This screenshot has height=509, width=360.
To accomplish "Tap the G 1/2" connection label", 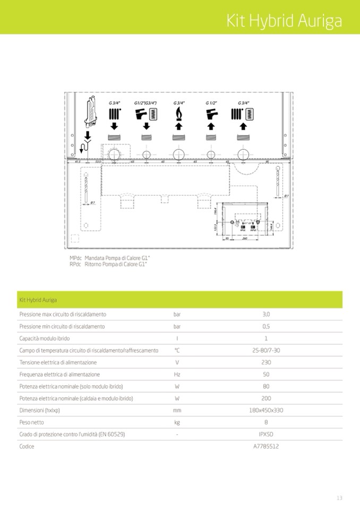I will (x=211, y=103).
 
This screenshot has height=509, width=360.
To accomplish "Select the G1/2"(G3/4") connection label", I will (x=145, y=103).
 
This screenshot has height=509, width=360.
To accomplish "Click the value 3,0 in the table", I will (x=266, y=314).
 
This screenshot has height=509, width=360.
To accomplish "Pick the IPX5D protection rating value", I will (x=266, y=434).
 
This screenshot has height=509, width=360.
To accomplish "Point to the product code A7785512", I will (x=266, y=446).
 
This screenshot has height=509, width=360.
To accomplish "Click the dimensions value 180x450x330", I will (x=266, y=410).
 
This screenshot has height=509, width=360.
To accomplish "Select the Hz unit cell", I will (x=177, y=374).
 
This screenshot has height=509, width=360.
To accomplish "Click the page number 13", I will (x=339, y=498).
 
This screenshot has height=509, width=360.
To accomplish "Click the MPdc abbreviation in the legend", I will (x=75, y=258).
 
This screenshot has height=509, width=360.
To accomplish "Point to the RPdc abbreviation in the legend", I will (x=75, y=264).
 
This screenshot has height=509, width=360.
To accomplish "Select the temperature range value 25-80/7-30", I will (x=266, y=350).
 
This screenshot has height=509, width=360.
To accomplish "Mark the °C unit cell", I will (x=177, y=350).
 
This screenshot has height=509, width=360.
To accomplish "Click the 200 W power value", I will (x=266, y=398).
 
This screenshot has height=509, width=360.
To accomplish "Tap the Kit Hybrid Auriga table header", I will (x=38, y=300).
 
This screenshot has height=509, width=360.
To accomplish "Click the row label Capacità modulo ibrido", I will (x=45, y=338).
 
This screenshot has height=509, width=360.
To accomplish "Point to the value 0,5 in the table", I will (x=266, y=326).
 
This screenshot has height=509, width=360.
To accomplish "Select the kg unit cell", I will (x=177, y=422).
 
